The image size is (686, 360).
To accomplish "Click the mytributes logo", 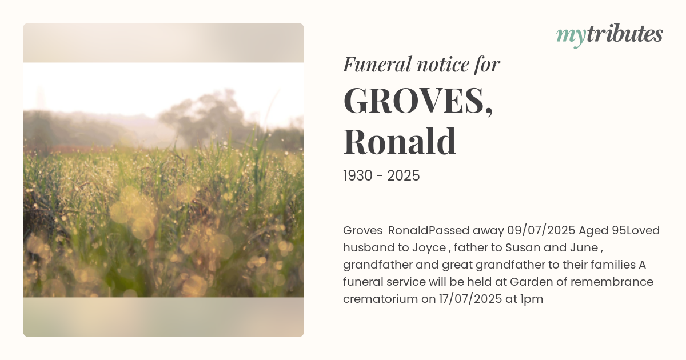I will pos(609,35).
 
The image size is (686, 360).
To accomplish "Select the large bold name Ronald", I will pos(400,141).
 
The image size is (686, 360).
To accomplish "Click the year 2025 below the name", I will pos(404,176).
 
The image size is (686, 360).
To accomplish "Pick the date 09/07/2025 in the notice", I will pos(541,231).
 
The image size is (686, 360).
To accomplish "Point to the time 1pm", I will pos(532,299).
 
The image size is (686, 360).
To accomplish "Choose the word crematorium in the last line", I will pos(380,299).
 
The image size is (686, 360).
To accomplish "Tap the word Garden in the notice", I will pos(529,282).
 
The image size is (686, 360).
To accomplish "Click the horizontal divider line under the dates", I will pos(503,203).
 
